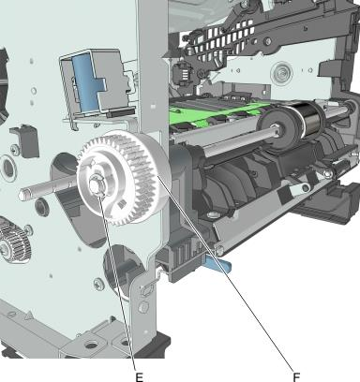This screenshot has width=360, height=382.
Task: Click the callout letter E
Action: (140, 377)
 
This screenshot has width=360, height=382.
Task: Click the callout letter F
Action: (296, 377)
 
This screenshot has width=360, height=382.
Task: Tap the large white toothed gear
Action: (124, 179)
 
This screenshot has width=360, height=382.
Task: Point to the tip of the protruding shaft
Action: (22, 194)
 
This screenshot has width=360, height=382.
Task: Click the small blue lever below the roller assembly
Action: (218, 262)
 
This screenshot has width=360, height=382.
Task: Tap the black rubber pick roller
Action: (308, 120)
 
